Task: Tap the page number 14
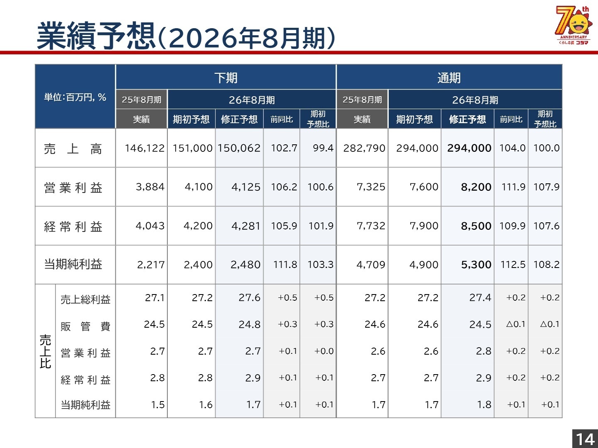[x=585, y=439]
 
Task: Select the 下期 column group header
[x=226, y=78]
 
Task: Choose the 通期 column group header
[x=449, y=78]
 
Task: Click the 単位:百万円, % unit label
[x=75, y=97]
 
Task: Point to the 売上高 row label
[x=73, y=149]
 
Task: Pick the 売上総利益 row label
[x=86, y=299]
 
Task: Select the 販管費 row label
[x=86, y=326]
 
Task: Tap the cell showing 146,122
[x=145, y=148]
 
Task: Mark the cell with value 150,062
[x=239, y=148]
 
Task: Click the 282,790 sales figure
[x=364, y=148]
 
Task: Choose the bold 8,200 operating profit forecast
[x=476, y=187]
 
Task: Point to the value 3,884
[x=150, y=187]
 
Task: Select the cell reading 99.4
[x=323, y=148]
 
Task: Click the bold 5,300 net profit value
[x=476, y=265]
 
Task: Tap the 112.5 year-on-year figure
[x=513, y=265]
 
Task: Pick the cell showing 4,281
[x=246, y=226]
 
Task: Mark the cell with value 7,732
[x=371, y=226]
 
